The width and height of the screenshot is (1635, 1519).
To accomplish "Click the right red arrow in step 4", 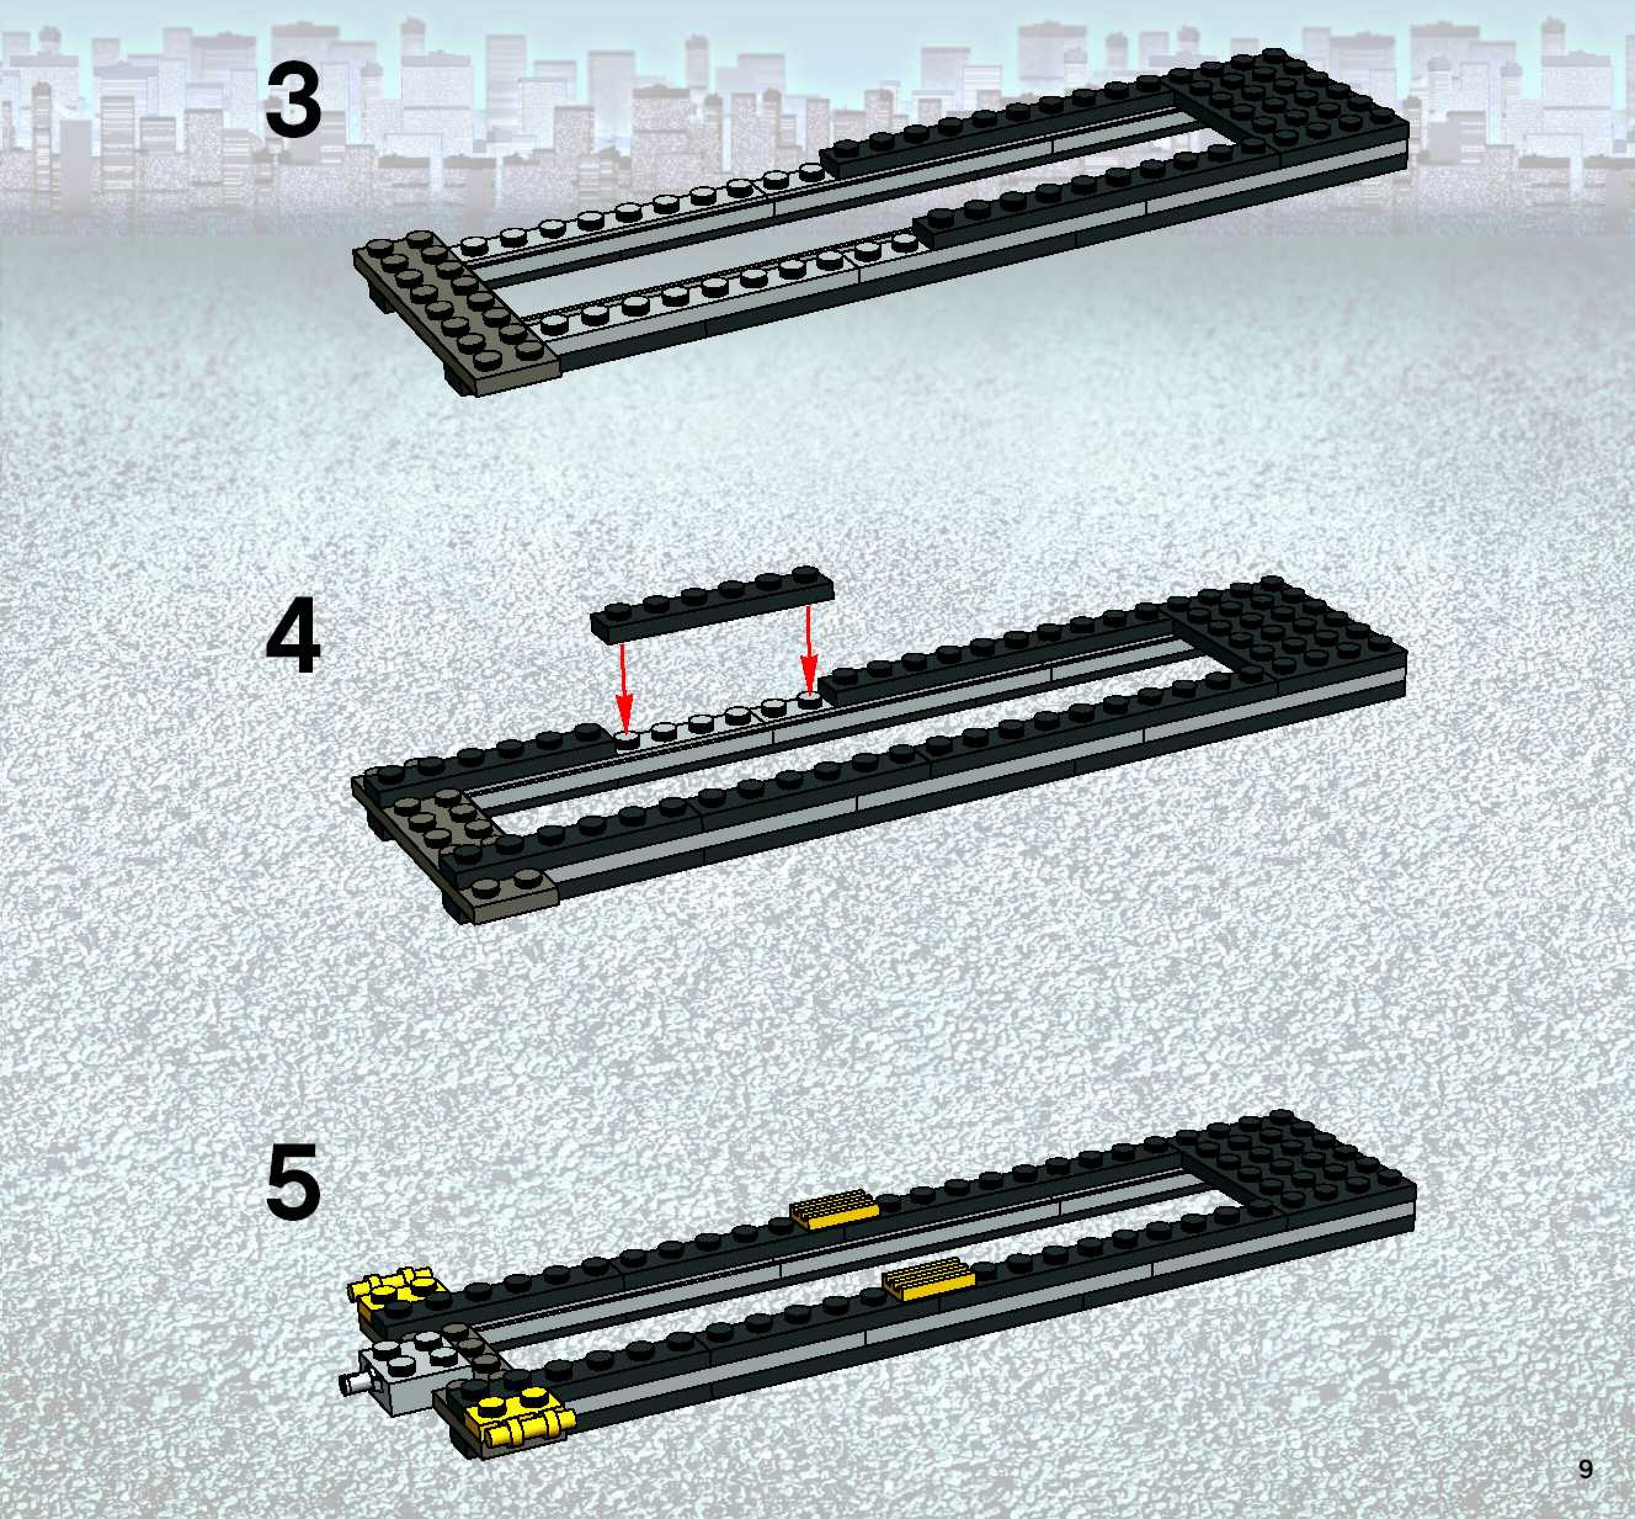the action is pyautogui.click(x=810, y=649).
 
